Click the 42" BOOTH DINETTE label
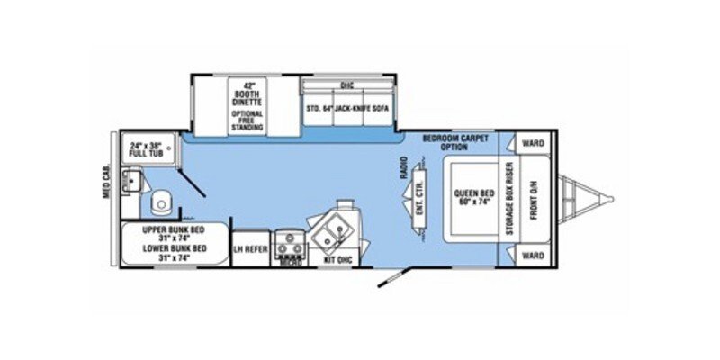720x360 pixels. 247,96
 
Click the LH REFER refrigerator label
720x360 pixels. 250,248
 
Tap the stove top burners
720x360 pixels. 290,240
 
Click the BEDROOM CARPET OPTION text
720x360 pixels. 457,143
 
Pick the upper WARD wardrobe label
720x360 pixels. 533,141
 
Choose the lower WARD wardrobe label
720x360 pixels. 533,255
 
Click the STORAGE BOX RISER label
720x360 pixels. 508,199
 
